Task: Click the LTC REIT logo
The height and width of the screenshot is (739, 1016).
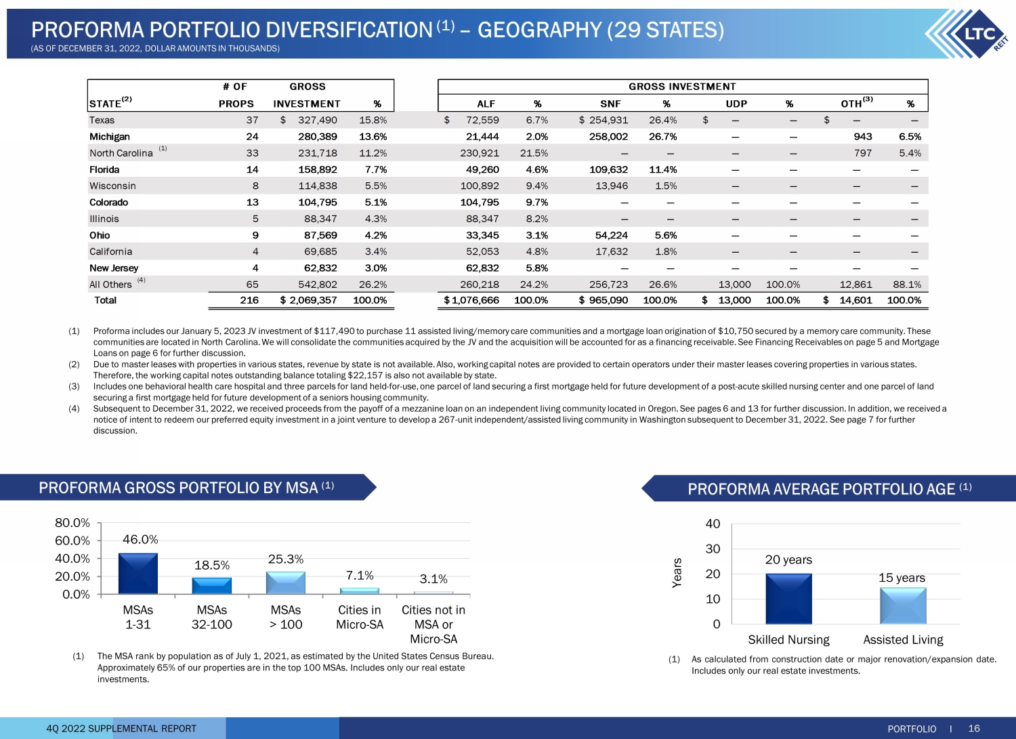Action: [969, 33]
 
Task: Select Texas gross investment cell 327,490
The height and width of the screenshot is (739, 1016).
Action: [317, 120]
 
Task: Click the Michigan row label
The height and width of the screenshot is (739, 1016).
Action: [109, 137]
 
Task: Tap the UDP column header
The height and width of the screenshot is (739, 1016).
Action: [736, 104]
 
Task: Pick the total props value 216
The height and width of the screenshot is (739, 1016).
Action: [249, 300]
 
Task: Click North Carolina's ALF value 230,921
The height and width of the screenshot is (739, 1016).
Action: [480, 153]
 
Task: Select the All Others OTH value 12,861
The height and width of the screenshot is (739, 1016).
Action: [855, 284]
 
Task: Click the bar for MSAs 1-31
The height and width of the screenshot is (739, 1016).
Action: [138, 574]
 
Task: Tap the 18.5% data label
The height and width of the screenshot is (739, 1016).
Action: [212, 565]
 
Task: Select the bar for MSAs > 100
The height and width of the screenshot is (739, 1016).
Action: [286, 583]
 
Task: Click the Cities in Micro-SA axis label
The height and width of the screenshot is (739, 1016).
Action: [360, 617]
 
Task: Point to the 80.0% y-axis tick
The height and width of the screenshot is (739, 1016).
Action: [72, 523]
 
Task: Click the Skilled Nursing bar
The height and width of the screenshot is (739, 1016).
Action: [788, 599]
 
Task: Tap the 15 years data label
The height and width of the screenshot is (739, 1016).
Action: [902, 578]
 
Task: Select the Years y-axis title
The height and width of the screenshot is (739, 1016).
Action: [677, 573]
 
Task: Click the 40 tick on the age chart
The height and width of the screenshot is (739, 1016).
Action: [713, 524]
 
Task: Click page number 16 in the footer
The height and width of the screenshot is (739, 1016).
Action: [974, 728]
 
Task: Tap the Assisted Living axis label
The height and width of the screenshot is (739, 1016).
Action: [903, 639]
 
